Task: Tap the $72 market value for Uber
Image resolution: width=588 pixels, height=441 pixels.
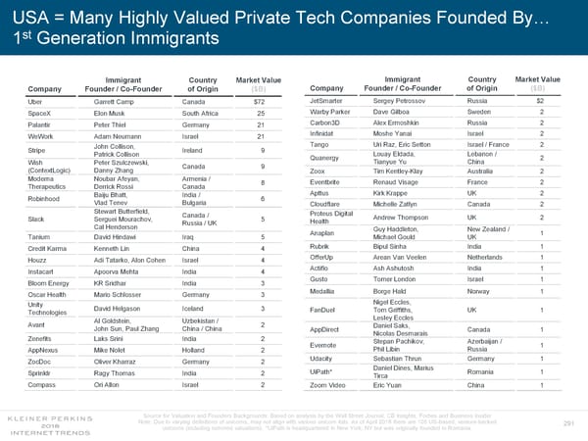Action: [x=259, y=102]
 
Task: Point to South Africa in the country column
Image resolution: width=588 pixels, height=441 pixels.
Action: [x=206, y=114]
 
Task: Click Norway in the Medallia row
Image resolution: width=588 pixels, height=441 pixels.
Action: [x=480, y=291]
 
